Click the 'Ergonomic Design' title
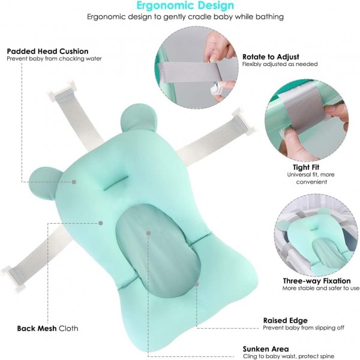coord(185,5)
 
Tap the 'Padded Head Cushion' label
coord(47,51)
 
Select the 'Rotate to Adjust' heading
coord(271,57)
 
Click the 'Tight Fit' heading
coord(306,167)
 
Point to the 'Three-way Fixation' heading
coord(317,281)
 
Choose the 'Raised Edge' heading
coord(286,320)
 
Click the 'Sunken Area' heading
coord(266,349)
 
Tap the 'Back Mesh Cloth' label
coord(47,328)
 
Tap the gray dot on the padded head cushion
coord(74,182)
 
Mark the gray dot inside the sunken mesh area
coord(149,233)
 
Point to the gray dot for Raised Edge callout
coord(197,284)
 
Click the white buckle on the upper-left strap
coord(62,90)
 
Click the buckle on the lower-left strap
coord(14,278)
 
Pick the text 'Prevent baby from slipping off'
coord(304,328)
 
